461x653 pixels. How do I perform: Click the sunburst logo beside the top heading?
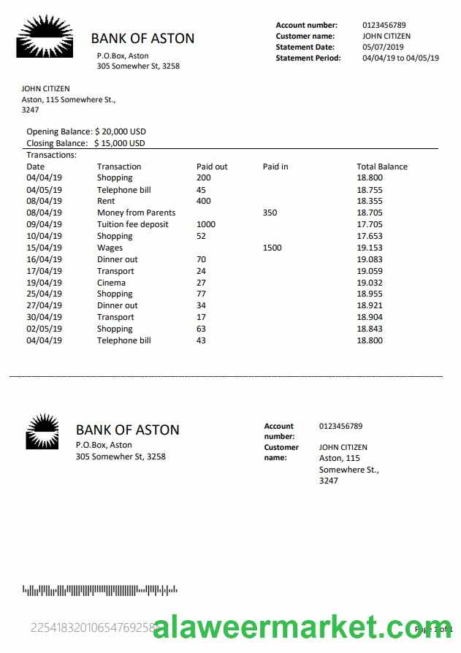(45, 36)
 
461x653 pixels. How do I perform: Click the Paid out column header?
(212, 167)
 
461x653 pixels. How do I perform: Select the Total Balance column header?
(381, 167)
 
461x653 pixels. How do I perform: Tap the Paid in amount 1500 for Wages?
(272, 248)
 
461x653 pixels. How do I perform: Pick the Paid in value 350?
(270, 213)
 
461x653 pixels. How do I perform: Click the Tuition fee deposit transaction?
(132, 224)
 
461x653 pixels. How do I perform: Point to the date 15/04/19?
(44, 248)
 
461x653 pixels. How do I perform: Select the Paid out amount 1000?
(206, 224)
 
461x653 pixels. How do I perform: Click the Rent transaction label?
(106, 201)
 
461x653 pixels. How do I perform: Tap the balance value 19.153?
(369, 248)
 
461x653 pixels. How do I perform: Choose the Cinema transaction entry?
(111, 283)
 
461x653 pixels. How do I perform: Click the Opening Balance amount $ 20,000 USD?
(120, 131)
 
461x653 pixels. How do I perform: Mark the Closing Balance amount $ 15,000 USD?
(119, 143)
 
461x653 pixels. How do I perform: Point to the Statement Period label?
(308, 58)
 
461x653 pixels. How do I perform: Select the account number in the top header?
(384, 25)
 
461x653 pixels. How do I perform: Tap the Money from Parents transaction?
(136, 213)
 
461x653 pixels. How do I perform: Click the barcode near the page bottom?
(100, 589)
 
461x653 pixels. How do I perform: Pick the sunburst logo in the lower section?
(42, 431)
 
